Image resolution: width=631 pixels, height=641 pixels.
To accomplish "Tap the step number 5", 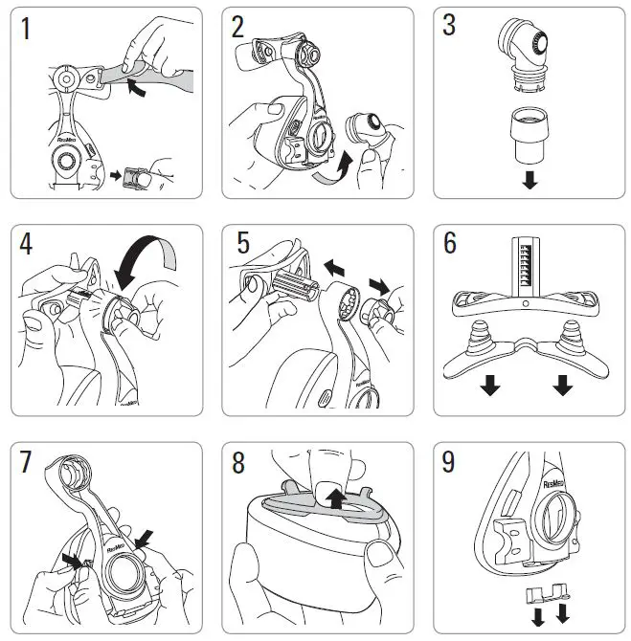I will pos(242,244).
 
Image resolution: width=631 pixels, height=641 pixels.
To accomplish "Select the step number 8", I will pos(238,462).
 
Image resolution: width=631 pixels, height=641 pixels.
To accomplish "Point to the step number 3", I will pos(448,26).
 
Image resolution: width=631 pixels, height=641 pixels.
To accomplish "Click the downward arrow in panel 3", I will pos(529,180).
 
